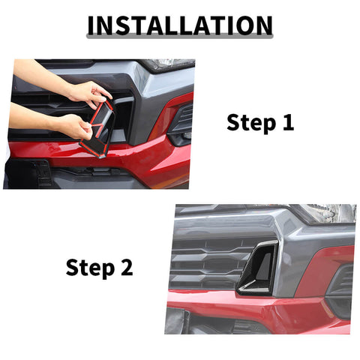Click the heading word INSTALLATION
pos(180,25)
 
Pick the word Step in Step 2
pos(87,267)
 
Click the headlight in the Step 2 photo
pos(330,214)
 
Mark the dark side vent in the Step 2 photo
pos(341,281)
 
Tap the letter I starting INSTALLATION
pos(91,25)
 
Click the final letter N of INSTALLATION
pos(262,25)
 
